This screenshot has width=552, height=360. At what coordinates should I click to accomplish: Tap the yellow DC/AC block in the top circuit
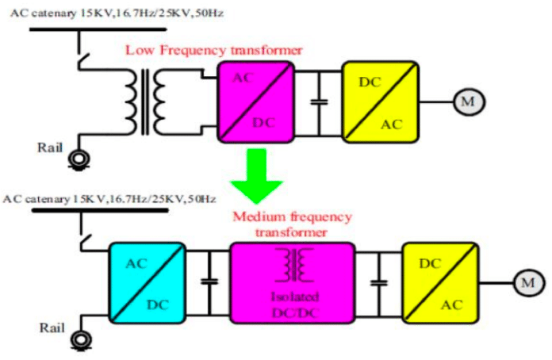tap(378, 101)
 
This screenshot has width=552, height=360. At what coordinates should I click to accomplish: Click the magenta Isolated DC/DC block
tap(293, 281)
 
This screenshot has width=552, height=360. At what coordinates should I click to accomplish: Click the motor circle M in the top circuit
tap(467, 101)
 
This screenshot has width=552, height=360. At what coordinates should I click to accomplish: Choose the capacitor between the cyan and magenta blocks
tap(209, 283)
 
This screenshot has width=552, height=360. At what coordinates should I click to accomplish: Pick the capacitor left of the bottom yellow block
tap(379, 283)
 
